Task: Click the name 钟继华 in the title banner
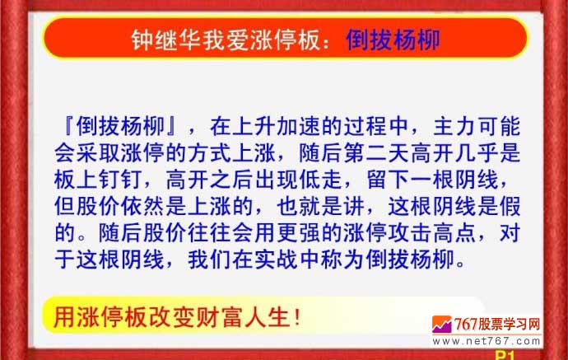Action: pos(166,40)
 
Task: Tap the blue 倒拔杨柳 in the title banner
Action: pos(393,40)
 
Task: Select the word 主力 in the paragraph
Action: pos(455,126)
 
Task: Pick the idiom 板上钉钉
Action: pos(97,179)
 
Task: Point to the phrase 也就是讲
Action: pos(320,206)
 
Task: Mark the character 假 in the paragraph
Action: pos(510,206)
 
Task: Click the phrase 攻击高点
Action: pos(432,232)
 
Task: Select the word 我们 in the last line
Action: pos(209,259)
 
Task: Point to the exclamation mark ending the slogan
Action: pos(298,318)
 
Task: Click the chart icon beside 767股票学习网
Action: pos(442,324)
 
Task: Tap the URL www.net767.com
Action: pos(487,341)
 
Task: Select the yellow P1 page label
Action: pos(505,355)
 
